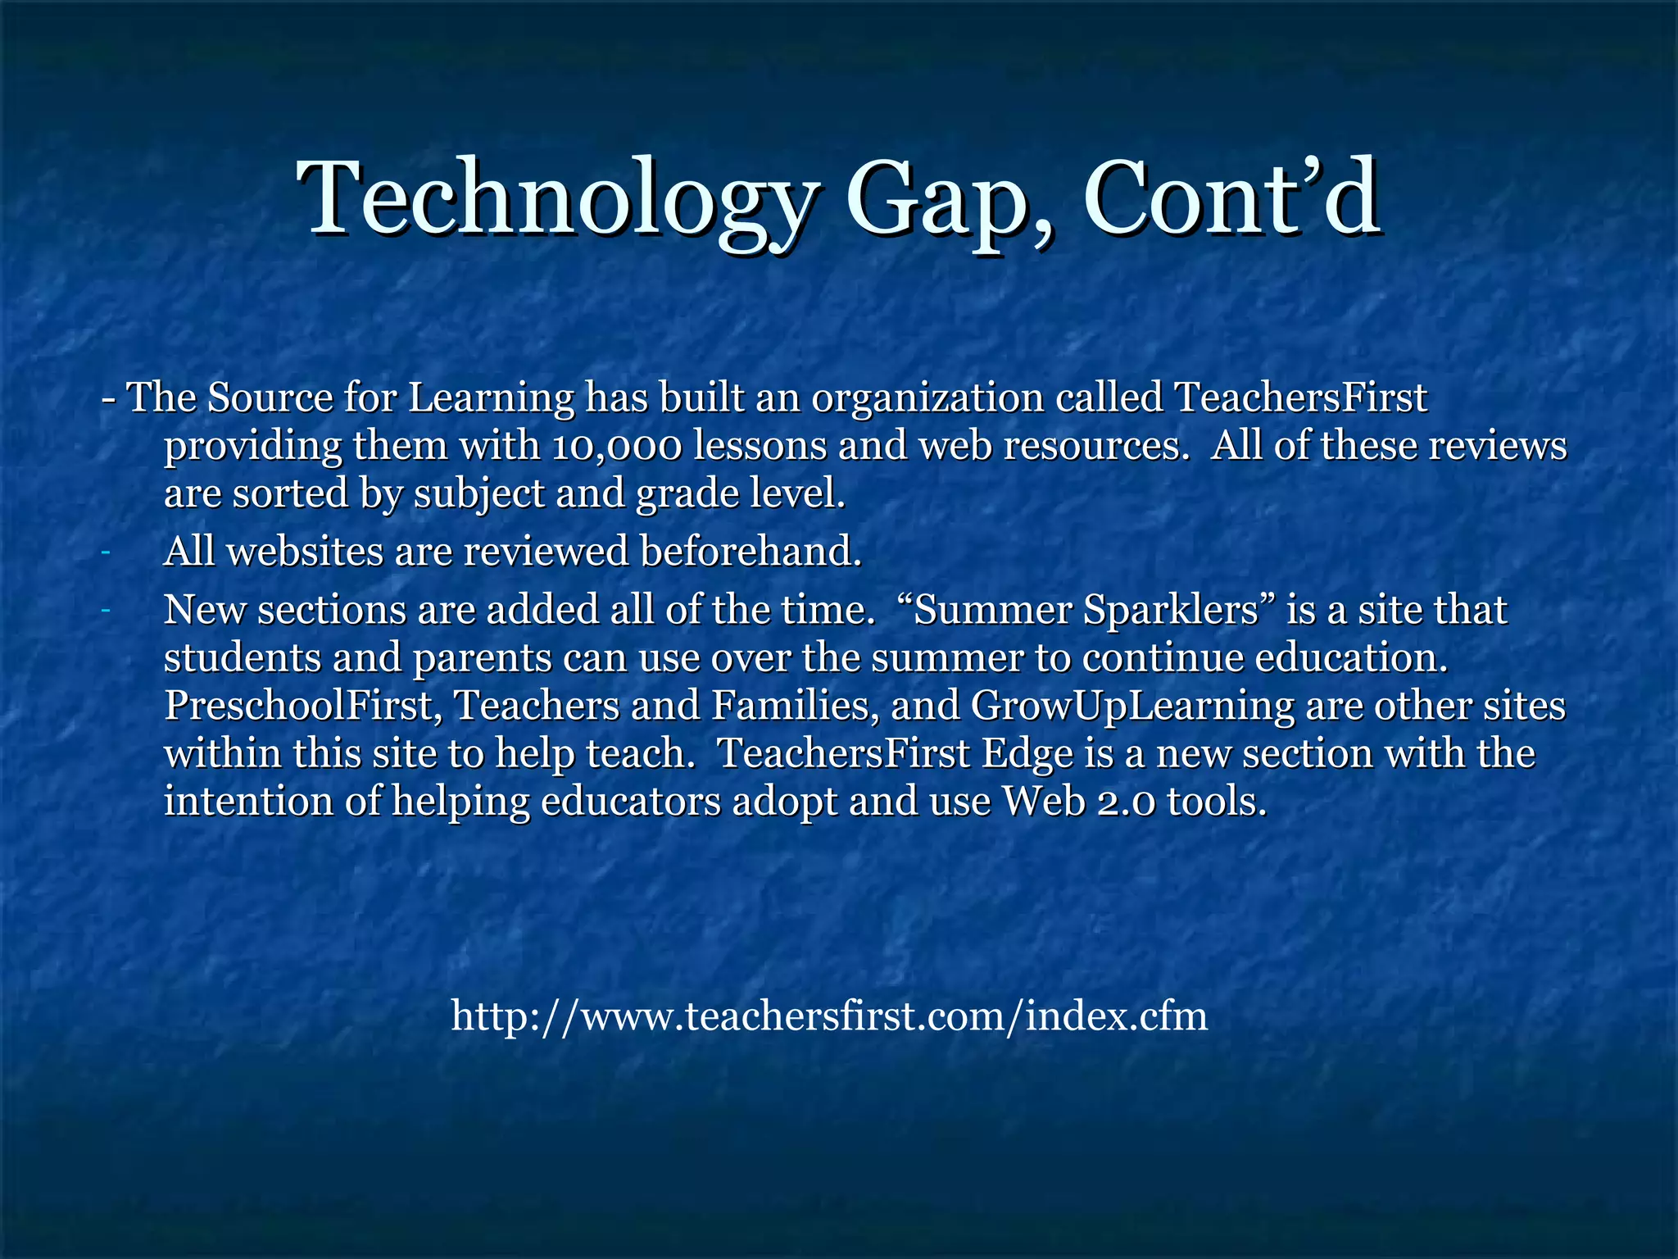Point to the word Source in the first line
point(270,398)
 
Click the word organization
point(927,398)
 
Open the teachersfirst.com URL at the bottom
point(829,1016)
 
